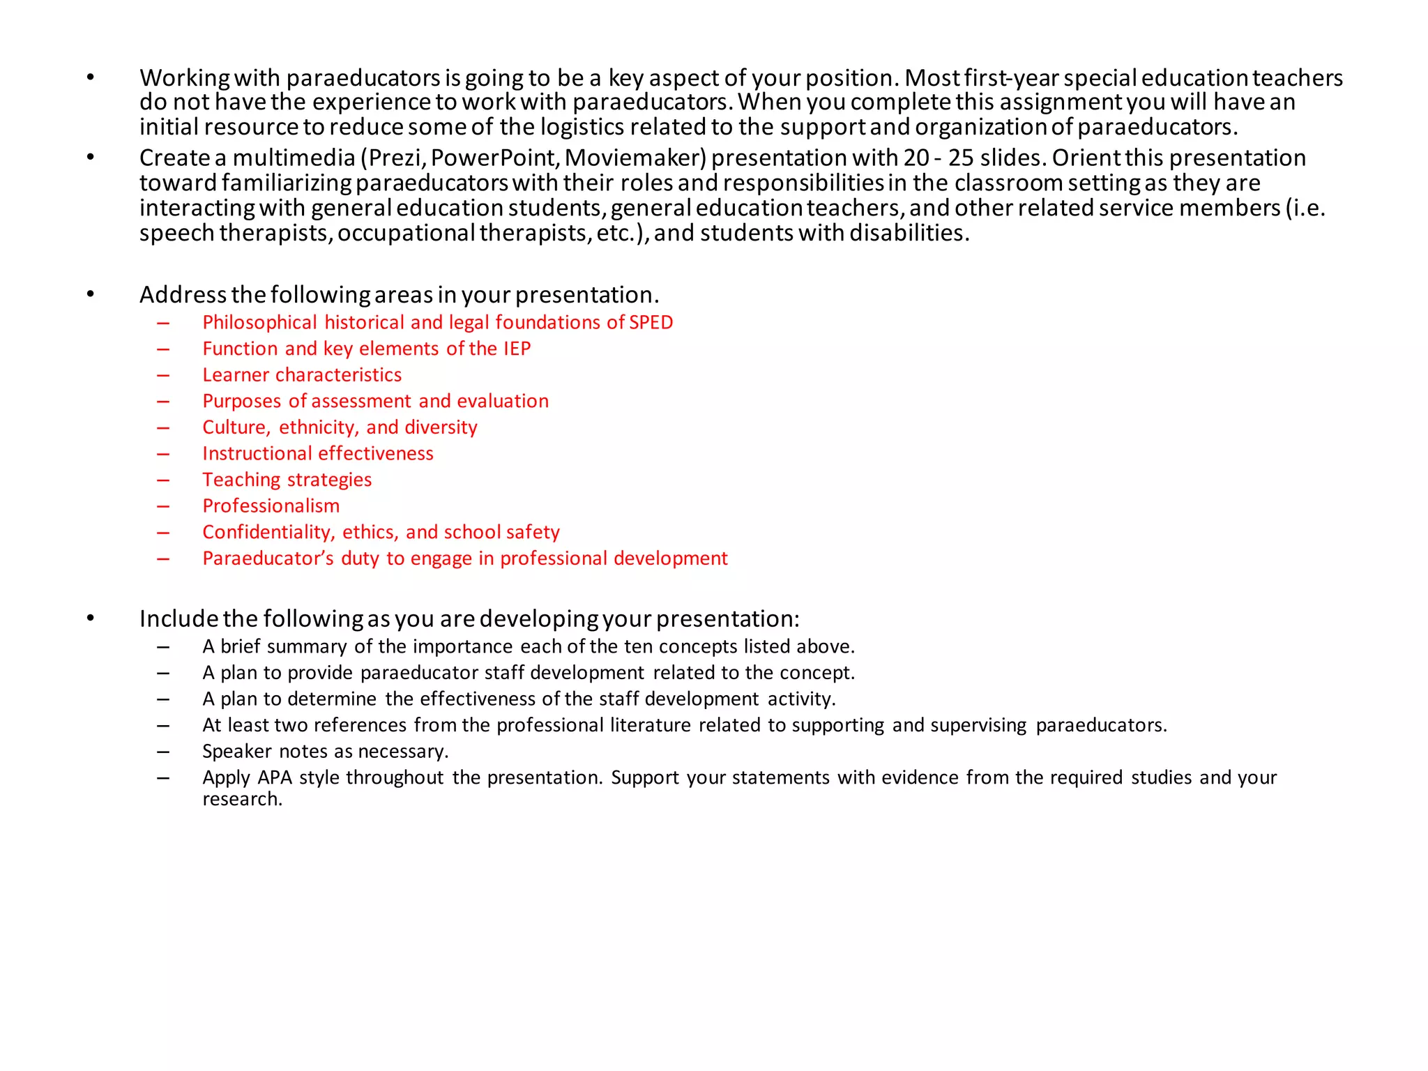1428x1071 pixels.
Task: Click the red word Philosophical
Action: pos(259,322)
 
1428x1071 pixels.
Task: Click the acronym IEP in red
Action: pos(517,349)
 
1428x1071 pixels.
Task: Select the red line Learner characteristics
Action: pos(302,375)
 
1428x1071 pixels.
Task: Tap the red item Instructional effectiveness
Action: pos(318,454)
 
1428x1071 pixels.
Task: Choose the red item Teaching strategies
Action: pos(287,480)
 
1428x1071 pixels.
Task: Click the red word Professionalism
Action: pos(271,506)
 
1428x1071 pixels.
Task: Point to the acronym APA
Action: pos(275,777)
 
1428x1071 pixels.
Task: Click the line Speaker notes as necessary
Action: pos(325,752)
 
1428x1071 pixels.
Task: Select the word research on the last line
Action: pos(241,799)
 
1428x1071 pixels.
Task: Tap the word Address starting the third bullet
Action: pos(183,295)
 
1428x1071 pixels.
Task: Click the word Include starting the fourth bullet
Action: pos(178,619)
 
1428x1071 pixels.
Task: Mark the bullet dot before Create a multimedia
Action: pos(91,158)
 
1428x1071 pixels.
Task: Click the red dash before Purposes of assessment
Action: pos(163,402)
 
